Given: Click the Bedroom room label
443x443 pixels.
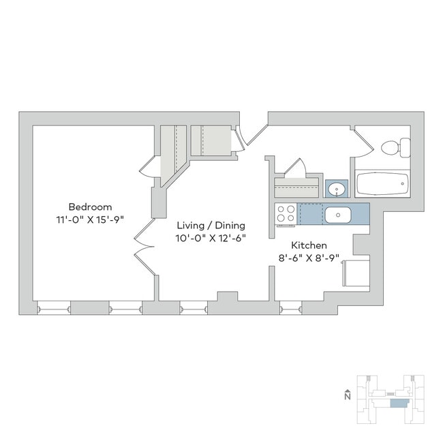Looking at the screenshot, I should coord(90,207).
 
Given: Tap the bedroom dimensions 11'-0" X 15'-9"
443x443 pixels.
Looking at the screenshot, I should coord(90,220).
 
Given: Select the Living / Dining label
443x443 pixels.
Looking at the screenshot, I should coord(211,225).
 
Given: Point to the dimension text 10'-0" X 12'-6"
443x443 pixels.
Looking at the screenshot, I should coord(211,239).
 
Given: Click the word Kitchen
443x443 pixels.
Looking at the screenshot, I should coord(309,245).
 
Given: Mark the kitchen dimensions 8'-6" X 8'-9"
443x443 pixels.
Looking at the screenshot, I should coord(310,258).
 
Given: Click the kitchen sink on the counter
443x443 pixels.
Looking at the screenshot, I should coord(337,215).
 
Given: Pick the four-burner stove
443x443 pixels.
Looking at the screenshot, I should coord(286,214).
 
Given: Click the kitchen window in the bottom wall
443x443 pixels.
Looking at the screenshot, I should coord(291,308).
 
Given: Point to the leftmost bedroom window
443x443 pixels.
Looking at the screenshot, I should coord(54,308).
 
